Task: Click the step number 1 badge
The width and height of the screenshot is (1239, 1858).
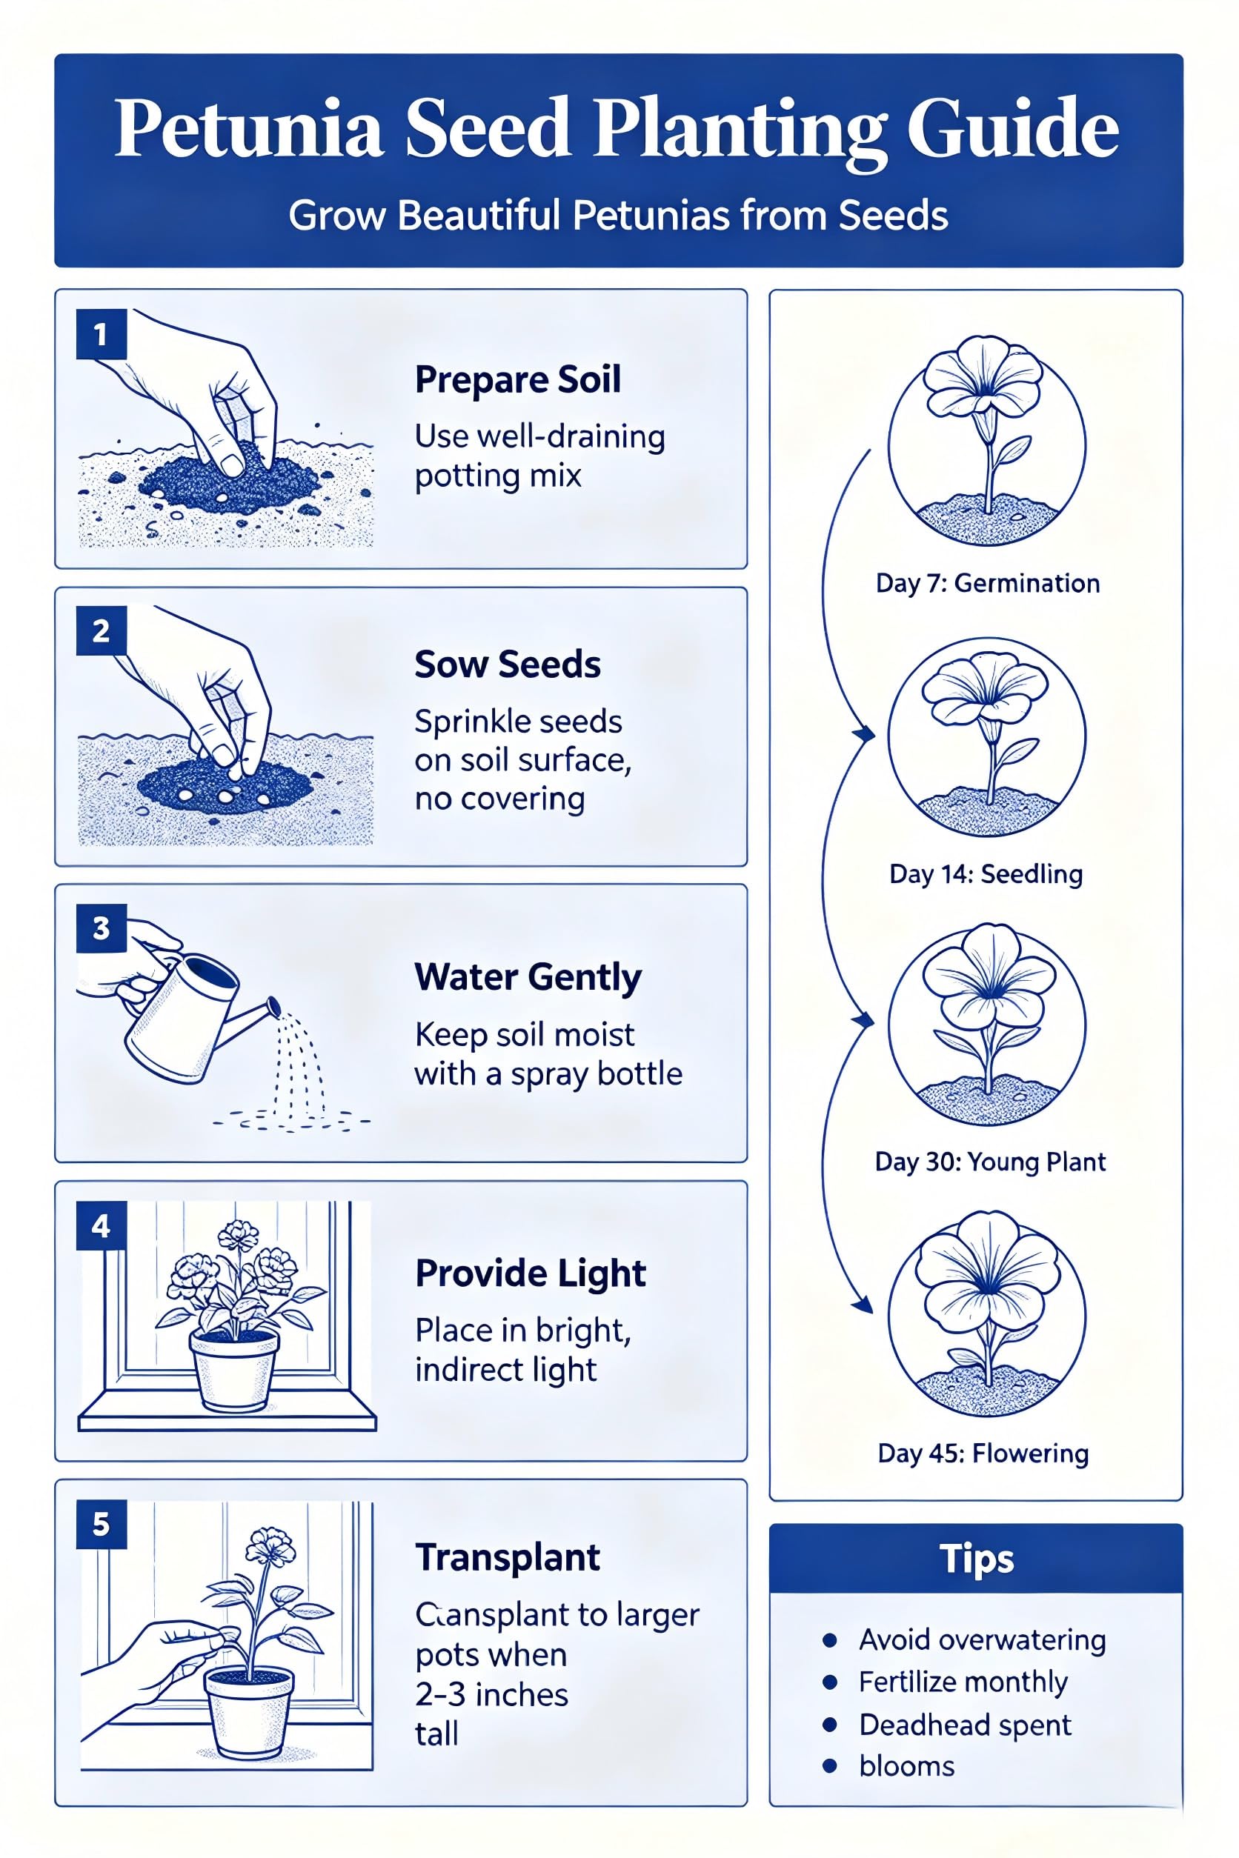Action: click(101, 334)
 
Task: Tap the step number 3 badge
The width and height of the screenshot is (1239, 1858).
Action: click(101, 928)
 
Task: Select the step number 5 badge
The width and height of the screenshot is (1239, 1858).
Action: click(101, 1524)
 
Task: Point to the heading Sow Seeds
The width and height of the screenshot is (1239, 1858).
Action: click(508, 665)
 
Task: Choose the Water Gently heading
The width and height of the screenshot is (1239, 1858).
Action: click(528, 978)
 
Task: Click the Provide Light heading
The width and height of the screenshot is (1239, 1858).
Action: click(531, 1274)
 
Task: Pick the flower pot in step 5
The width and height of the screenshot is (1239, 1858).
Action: click(249, 1711)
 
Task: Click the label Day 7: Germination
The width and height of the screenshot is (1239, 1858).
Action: click(988, 584)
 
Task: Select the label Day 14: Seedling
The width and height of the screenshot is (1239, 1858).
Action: click(986, 873)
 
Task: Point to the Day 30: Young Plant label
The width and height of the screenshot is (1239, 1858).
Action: click(990, 1162)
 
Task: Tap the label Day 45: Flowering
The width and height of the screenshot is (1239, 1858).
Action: click(983, 1454)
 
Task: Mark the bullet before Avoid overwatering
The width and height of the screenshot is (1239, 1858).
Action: click(830, 1641)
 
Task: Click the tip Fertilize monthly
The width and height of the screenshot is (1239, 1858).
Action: click(963, 1682)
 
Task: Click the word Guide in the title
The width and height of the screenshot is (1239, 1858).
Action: click(1012, 129)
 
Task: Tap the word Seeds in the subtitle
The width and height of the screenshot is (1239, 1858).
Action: click(893, 216)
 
